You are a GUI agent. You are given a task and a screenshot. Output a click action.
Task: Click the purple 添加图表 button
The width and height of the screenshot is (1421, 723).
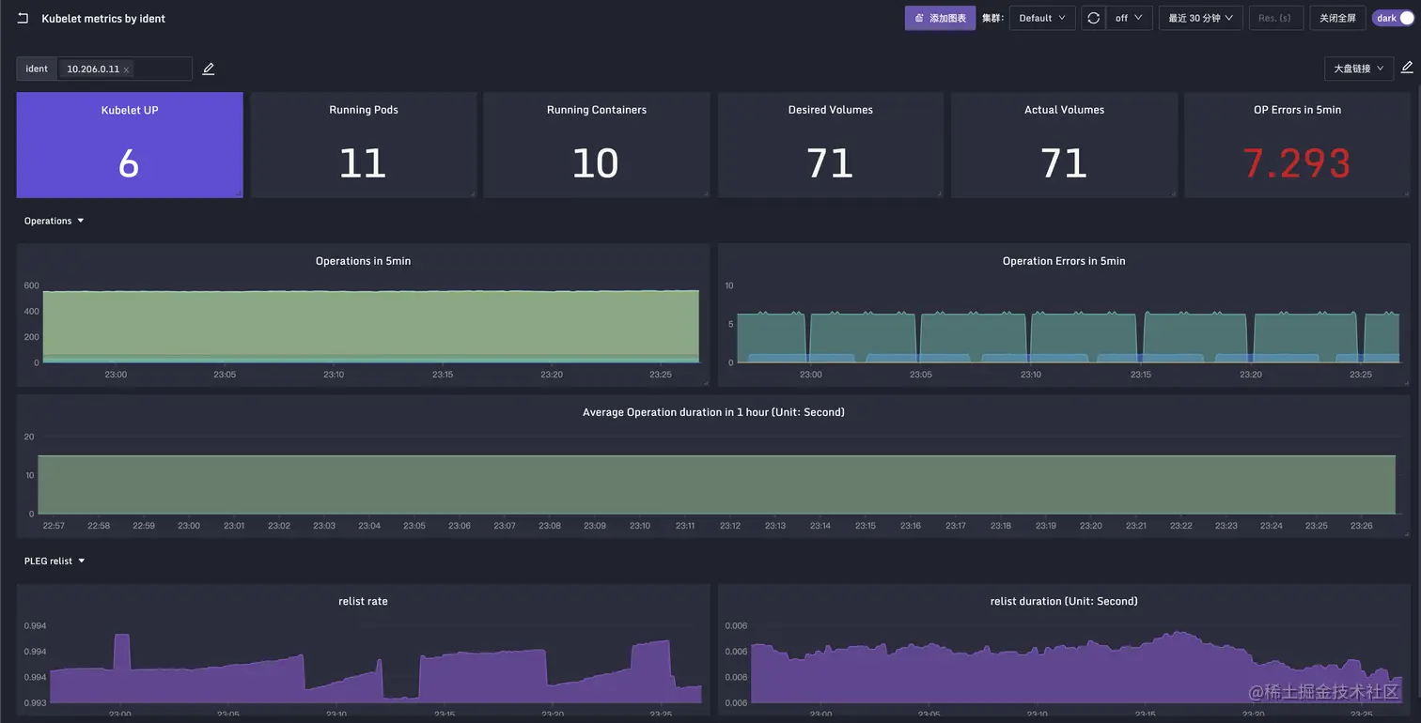click(x=940, y=18)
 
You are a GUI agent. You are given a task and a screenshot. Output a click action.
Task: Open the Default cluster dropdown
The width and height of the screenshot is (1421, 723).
click(x=1041, y=18)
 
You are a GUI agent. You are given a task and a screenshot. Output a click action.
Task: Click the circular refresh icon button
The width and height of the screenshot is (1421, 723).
click(x=1093, y=18)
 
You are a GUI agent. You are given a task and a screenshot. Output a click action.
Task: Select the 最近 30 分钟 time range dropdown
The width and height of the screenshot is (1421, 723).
click(x=1200, y=18)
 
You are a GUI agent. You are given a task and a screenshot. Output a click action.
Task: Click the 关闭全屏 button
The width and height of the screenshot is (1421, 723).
click(x=1337, y=18)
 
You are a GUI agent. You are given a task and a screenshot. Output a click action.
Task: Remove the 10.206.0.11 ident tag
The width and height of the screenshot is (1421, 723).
click(x=126, y=69)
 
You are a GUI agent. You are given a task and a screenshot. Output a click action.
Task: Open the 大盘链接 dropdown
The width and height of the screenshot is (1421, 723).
click(x=1358, y=69)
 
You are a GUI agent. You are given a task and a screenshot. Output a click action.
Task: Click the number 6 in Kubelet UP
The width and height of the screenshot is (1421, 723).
click(x=129, y=163)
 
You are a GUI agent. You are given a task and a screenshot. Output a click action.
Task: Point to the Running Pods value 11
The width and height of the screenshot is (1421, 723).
click(x=363, y=163)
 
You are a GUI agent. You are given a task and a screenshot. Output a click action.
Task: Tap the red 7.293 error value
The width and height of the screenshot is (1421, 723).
click(x=1296, y=163)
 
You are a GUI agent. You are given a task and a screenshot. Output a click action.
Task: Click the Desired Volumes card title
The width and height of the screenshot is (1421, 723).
click(x=830, y=110)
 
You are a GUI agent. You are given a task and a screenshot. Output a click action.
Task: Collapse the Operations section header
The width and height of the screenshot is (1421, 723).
click(x=54, y=221)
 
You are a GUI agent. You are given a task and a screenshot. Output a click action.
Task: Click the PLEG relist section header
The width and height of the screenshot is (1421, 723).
click(x=54, y=561)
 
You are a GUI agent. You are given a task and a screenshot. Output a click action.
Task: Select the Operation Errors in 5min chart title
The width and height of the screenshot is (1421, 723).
click(x=1063, y=261)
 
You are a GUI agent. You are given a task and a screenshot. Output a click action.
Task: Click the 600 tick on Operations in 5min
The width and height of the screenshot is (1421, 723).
click(x=31, y=285)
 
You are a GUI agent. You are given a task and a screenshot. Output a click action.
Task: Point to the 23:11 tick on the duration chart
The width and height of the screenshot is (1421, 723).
click(x=685, y=526)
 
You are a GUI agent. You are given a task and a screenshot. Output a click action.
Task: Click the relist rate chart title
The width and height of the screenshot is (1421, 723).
click(x=363, y=601)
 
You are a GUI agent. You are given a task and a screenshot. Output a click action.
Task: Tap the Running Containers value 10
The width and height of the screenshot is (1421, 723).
click(x=596, y=163)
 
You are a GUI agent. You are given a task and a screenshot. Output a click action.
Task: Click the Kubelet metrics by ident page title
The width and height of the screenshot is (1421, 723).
click(x=103, y=19)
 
